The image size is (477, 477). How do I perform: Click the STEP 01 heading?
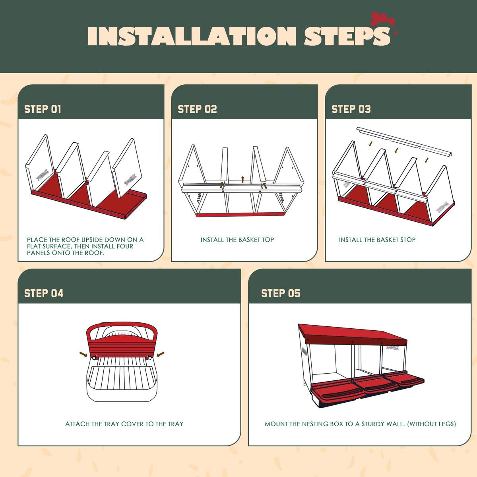pyautogui.click(x=43, y=109)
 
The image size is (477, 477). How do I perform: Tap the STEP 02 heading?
pyautogui.click(x=197, y=109)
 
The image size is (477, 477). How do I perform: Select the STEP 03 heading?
pyautogui.click(x=351, y=109)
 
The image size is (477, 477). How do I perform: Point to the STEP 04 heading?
pyautogui.click(x=44, y=293)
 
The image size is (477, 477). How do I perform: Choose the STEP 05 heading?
pyautogui.click(x=281, y=293)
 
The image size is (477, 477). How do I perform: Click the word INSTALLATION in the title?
pyautogui.click(x=192, y=36)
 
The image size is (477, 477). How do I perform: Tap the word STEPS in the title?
pyautogui.click(x=347, y=36)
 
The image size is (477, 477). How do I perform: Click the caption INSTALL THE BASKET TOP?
pyautogui.click(x=237, y=240)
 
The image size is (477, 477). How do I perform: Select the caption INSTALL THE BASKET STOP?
pyautogui.click(x=377, y=240)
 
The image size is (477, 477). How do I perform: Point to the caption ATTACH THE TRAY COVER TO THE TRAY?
pyautogui.click(x=124, y=424)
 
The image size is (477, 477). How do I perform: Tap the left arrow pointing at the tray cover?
pyautogui.click(x=83, y=355)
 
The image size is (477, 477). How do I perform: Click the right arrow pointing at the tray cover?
pyautogui.click(x=161, y=355)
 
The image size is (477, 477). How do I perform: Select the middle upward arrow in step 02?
pyautogui.click(x=242, y=179)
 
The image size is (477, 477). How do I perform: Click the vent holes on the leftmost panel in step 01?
pyautogui.click(x=42, y=175)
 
